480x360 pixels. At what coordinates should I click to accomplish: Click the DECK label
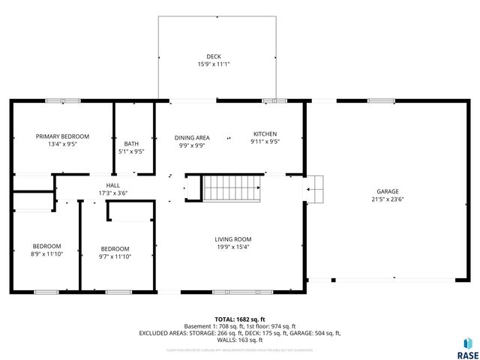tap(214, 56)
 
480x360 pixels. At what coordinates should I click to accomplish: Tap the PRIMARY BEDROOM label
tap(63, 136)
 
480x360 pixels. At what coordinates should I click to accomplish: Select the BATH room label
tap(131, 143)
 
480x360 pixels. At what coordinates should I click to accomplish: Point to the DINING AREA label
tap(192, 137)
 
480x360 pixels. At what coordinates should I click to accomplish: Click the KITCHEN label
tap(264, 133)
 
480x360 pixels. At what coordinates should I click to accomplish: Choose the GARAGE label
tap(388, 191)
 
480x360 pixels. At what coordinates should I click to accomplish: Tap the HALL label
tap(113, 185)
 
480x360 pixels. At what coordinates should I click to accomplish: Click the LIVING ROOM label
tap(232, 239)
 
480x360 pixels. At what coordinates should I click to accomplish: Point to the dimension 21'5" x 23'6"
tap(388, 199)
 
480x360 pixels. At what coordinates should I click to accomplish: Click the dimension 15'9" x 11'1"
tap(214, 64)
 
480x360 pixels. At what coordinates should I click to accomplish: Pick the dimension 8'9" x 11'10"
tap(46, 254)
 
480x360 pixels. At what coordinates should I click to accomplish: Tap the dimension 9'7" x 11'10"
tap(115, 256)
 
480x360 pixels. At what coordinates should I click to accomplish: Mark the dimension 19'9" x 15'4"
tap(232, 247)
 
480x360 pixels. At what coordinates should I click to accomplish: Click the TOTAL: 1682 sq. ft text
tap(239, 319)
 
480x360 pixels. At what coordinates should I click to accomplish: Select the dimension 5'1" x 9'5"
tap(131, 151)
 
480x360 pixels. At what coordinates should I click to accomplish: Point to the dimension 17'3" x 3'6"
tap(113, 193)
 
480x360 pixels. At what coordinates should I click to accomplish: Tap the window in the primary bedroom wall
tap(63, 100)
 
